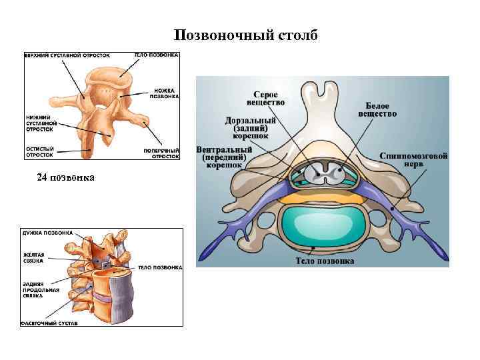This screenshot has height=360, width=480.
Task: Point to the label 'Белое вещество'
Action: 381,109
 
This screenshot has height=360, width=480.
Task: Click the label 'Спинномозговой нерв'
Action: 414,160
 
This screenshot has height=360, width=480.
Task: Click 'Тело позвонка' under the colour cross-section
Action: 325,261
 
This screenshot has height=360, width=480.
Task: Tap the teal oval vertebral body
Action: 323,226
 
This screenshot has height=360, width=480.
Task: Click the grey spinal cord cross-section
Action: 323,175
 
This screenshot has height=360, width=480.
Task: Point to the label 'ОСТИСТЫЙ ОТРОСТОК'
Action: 40,151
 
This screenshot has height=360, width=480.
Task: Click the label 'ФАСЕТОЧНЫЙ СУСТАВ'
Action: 50,323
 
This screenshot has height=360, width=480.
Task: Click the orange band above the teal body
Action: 323,198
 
